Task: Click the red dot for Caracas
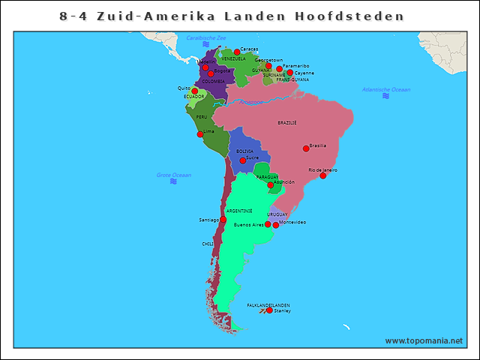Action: click(x=237, y=52)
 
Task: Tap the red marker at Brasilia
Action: click(x=305, y=148)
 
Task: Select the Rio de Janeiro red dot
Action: click(x=323, y=175)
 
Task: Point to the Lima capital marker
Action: click(x=200, y=134)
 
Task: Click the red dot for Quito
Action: click(x=195, y=91)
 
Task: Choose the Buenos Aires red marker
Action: click(x=268, y=224)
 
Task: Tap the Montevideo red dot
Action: click(x=276, y=225)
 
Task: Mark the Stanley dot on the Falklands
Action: click(x=270, y=310)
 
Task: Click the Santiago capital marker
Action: click(x=223, y=220)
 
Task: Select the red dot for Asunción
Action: click(x=271, y=184)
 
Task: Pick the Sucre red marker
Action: click(x=243, y=160)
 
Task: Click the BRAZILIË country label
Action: click(x=287, y=122)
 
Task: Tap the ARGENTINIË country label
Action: click(x=239, y=211)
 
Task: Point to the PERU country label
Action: click(x=202, y=117)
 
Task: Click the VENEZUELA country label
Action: click(x=233, y=58)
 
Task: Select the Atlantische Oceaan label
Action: click(x=386, y=89)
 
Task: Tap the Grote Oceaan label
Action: click(x=174, y=175)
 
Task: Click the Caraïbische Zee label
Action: click(x=206, y=37)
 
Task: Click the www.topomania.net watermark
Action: click(x=424, y=340)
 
